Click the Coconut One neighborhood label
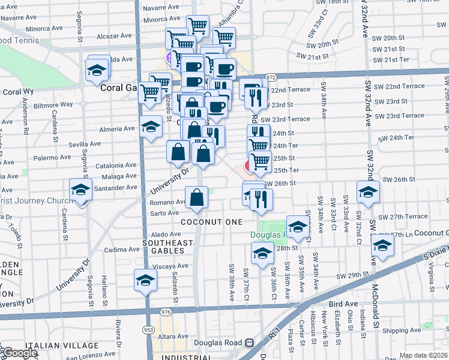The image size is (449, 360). [208, 221]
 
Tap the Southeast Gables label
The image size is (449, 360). [167, 247]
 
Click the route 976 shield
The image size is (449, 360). [166, 312]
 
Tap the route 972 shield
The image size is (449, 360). [271, 77]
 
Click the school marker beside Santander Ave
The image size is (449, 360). [79, 190]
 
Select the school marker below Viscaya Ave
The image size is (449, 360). [145, 280]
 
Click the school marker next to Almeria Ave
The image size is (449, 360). [150, 127]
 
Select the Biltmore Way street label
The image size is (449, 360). [53, 104]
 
